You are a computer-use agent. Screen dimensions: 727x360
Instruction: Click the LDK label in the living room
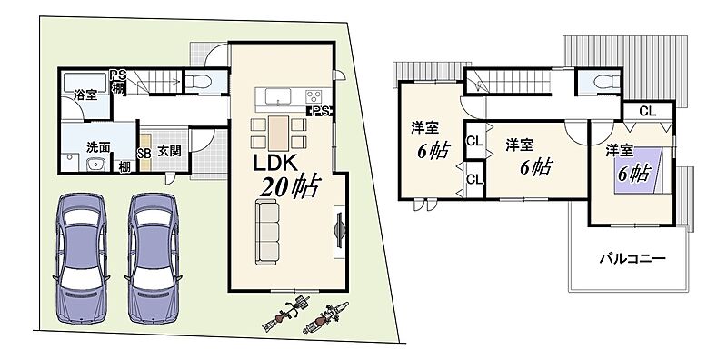(x=275, y=163)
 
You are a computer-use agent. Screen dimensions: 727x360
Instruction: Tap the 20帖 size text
(x=288, y=187)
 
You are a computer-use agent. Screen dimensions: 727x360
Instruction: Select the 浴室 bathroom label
(x=85, y=95)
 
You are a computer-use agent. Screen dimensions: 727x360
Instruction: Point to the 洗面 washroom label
(x=98, y=146)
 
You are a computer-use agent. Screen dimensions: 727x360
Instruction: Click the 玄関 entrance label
(x=169, y=151)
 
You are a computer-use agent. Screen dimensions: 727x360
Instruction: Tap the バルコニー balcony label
(x=632, y=258)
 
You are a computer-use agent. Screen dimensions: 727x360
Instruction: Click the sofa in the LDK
(x=267, y=232)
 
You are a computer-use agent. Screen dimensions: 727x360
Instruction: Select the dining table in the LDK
(x=278, y=133)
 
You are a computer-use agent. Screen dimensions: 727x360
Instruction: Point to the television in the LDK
(x=340, y=231)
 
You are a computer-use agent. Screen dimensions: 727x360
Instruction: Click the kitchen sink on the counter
(x=278, y=97)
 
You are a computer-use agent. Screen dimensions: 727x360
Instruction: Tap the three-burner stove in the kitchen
(x=314, y=97)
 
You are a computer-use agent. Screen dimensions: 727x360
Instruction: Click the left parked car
(x=82, y=258)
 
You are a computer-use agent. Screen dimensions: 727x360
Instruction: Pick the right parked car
(x=154, y=258)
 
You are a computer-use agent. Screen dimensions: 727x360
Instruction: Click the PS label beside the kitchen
(x=321, y=111)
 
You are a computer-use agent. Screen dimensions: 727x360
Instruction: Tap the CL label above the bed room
(x=647, y=111)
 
